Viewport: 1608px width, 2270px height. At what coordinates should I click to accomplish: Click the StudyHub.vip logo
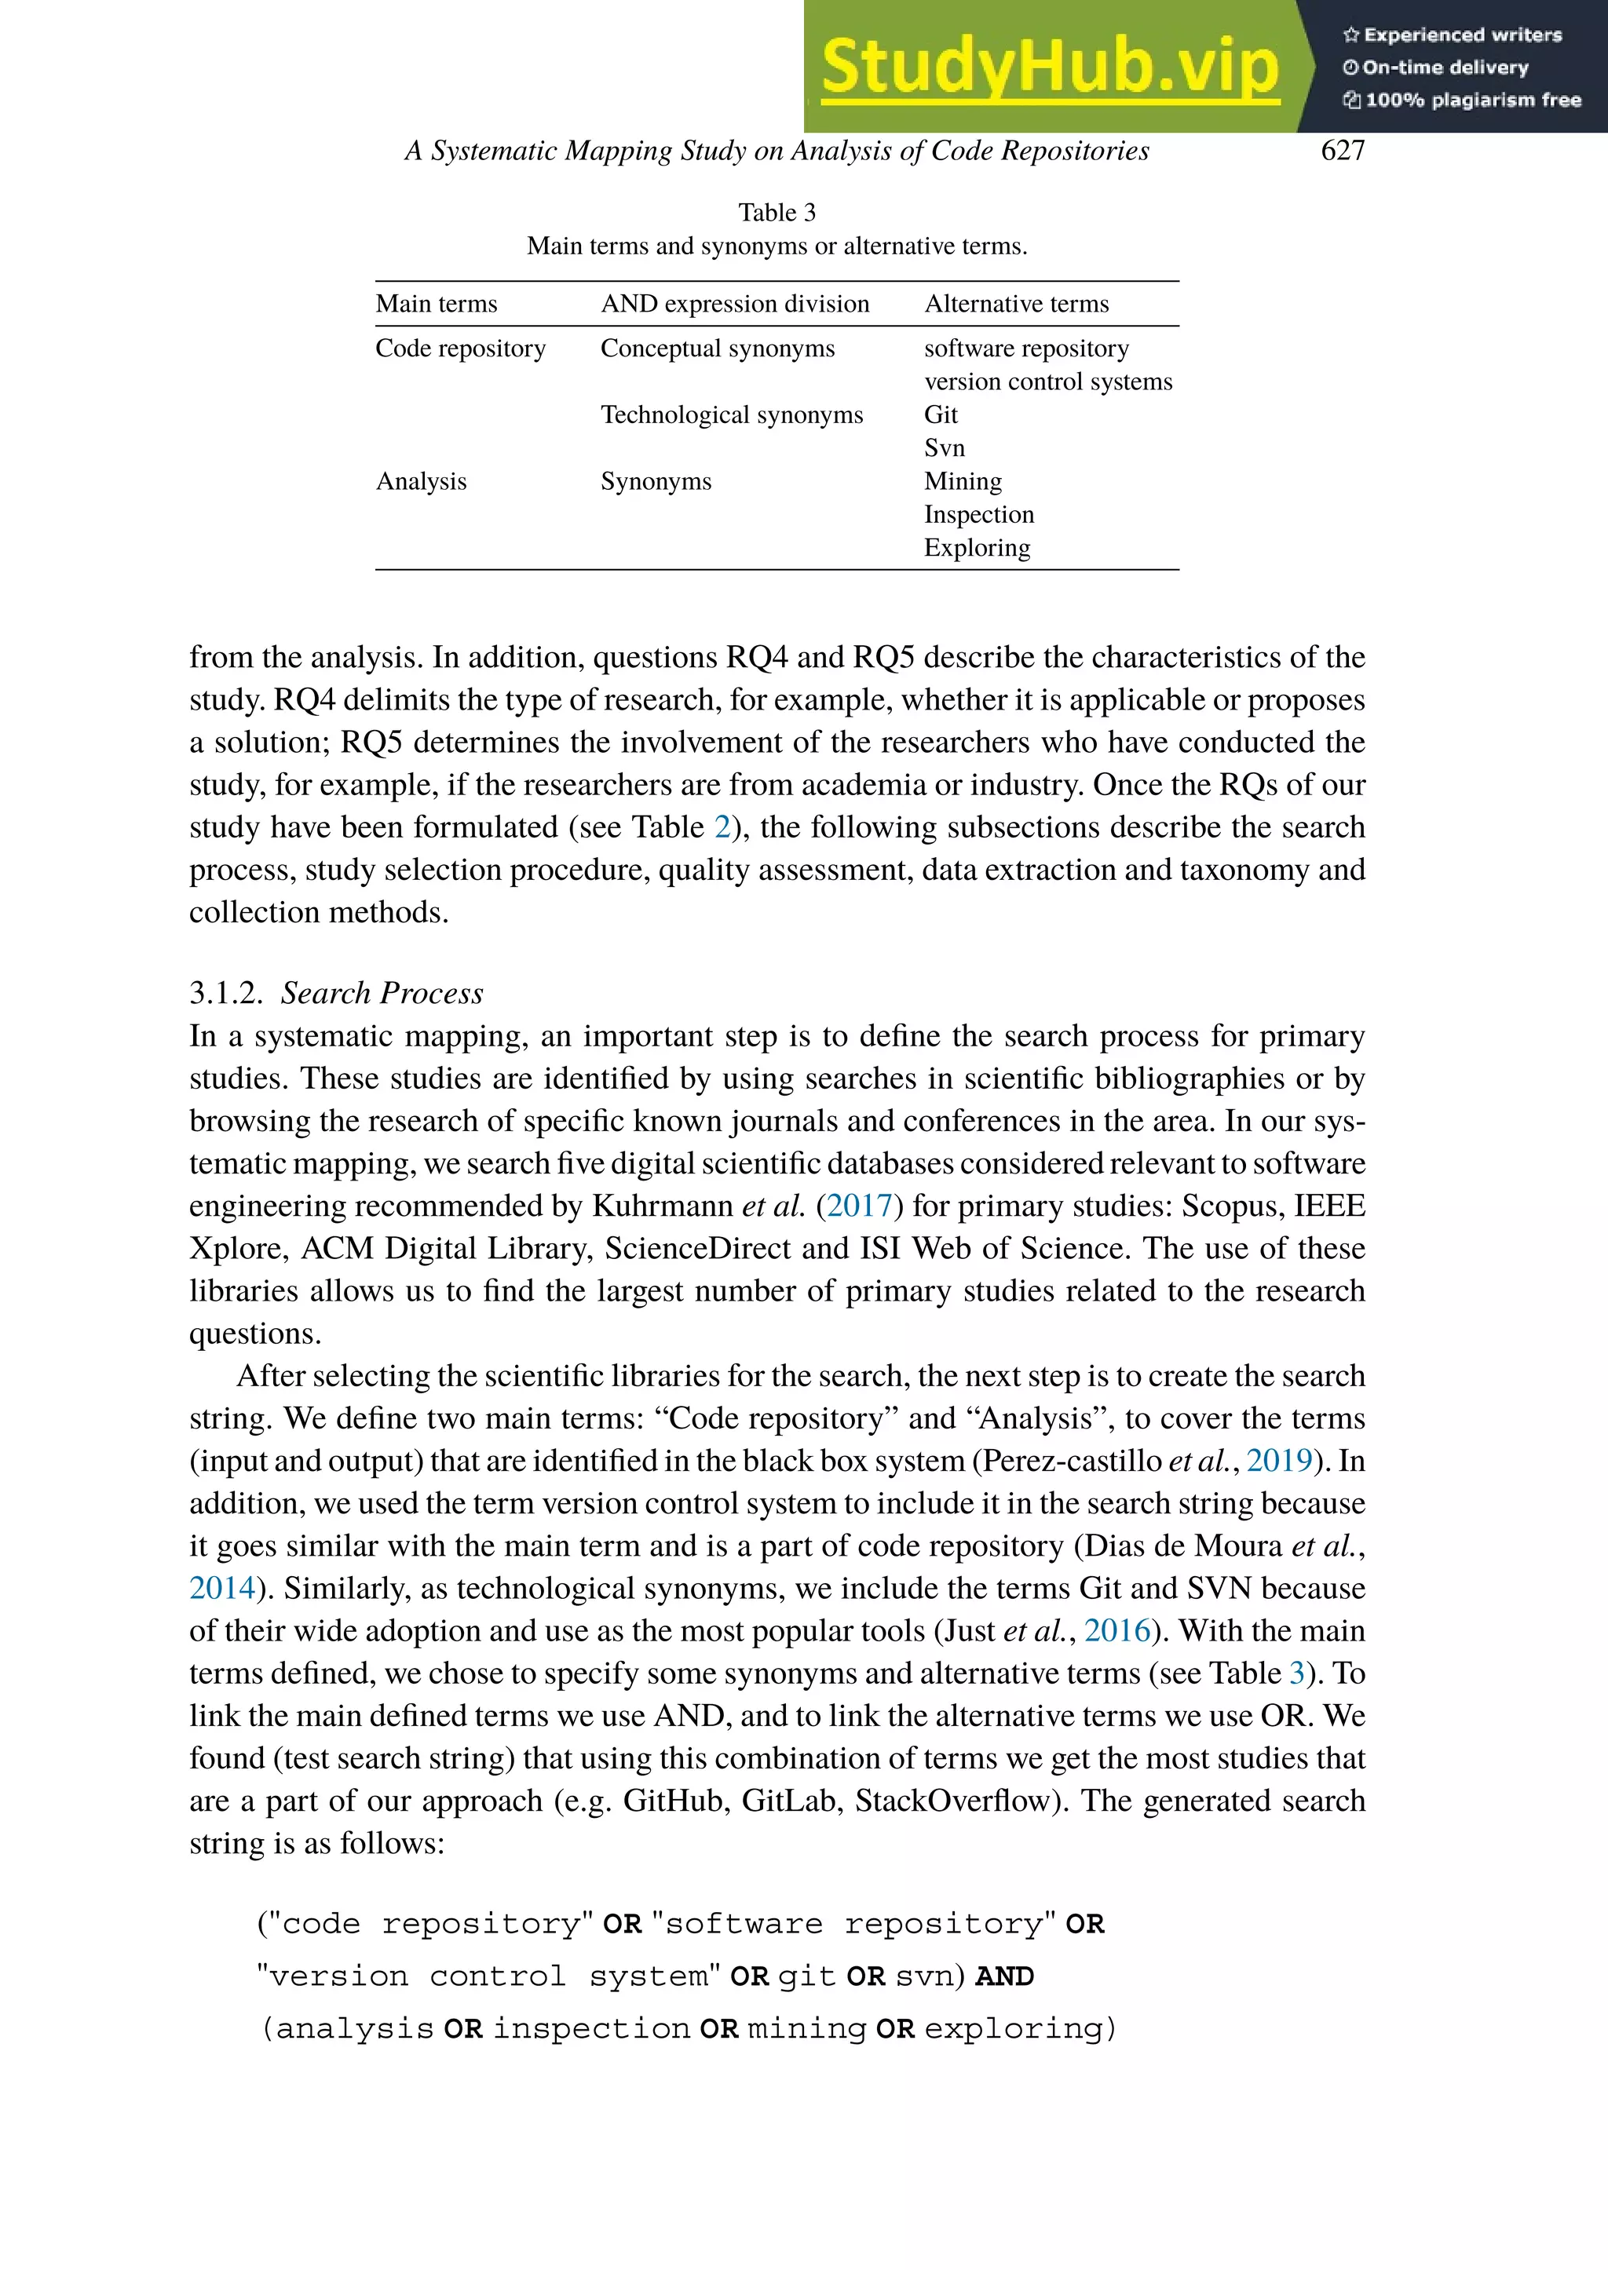click(1050, 68)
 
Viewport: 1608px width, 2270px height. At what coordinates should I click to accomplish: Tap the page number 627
click(1343, 151)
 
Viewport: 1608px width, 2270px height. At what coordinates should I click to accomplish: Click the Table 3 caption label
click(777, 213)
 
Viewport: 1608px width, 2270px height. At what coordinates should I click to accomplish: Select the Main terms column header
click(436, 304)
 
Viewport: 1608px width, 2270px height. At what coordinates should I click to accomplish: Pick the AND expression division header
click(735, 304)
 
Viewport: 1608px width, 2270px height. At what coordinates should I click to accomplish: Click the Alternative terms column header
click(1016, 304)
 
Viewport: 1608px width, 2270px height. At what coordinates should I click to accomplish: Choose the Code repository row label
click(460, 349)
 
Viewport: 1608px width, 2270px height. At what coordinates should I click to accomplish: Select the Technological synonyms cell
click(732, 414)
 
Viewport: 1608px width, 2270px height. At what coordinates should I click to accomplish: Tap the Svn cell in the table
click(944, 448)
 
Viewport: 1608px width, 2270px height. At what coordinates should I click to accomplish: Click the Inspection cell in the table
click(978, 515)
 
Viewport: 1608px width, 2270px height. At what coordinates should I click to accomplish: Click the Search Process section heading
click(382, 993)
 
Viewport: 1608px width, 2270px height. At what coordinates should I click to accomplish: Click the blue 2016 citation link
click(1118, 1630)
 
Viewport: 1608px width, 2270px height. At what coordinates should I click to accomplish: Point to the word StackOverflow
click(952, 1801)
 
